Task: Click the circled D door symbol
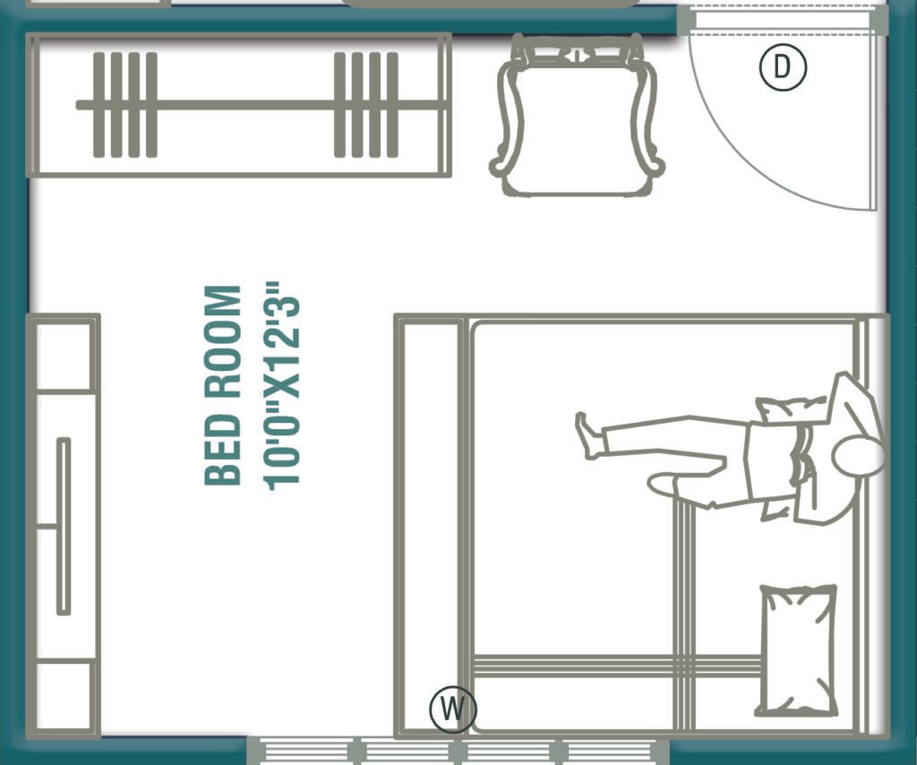click(x=784, y=68)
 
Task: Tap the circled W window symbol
click(x=453, y=709)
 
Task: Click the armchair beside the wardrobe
click(x=577, y=116)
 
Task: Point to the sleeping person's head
click(x=857, y=457)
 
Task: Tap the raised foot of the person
click(x=587, y=436)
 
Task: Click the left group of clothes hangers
click(x=124, y=105)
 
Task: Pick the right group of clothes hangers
click(x=365, y=105)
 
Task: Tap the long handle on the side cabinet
click(x=64, y=527)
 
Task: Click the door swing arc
click(x=761, y=170)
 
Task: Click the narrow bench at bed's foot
click(x=430, y=524)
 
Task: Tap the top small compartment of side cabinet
click(x=63, y=354)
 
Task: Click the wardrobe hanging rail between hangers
click(x=242, y=105)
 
